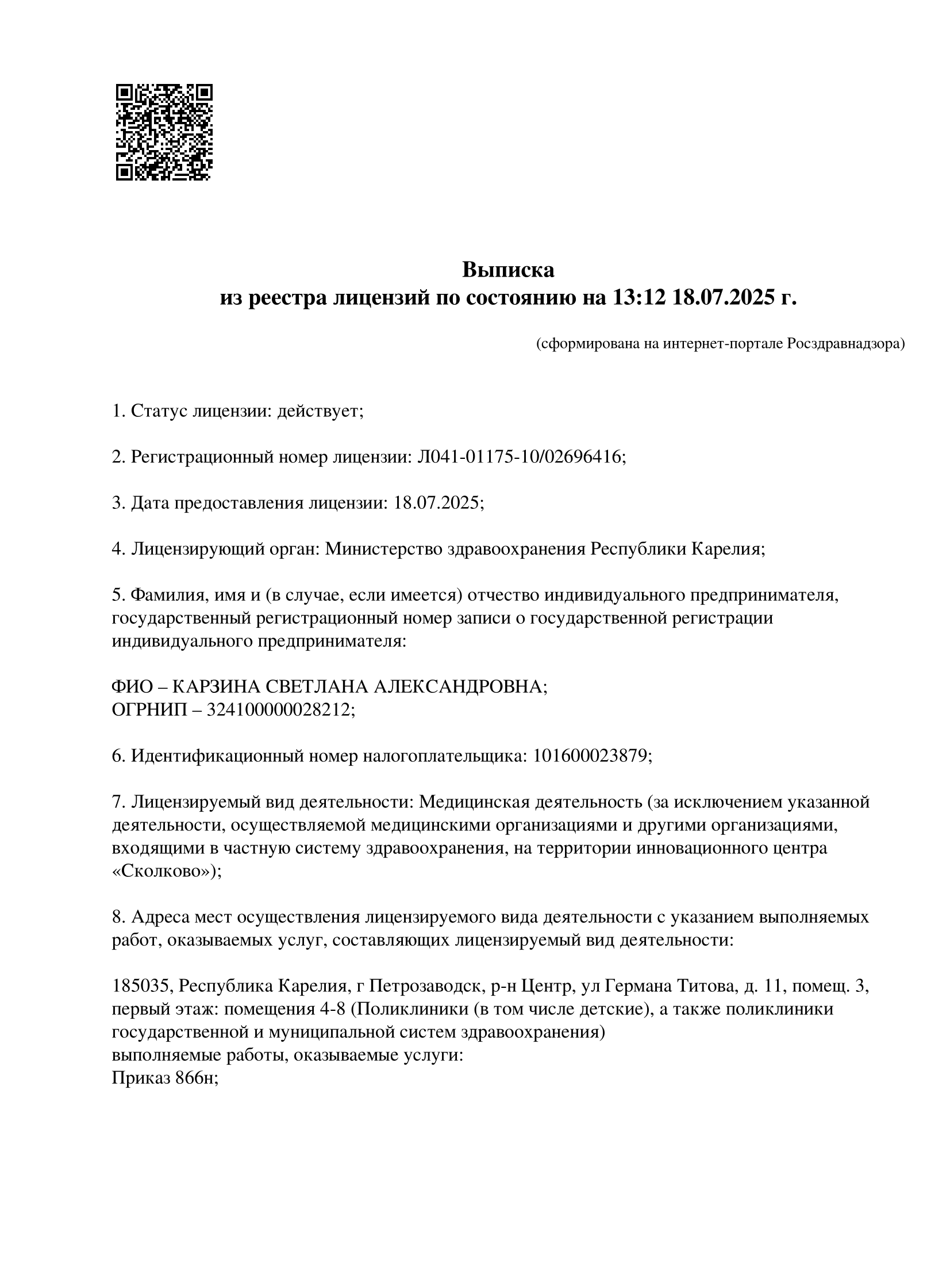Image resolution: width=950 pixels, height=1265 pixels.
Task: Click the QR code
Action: [164, 132]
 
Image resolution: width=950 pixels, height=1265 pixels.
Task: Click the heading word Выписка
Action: [508, 270]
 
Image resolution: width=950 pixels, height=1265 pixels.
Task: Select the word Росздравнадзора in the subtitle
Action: [845, 344]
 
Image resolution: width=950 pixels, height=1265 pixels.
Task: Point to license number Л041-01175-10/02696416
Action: [520, 457]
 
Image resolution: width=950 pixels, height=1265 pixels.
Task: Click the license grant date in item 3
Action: [437, 503]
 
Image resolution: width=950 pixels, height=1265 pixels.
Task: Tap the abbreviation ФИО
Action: [132, 687]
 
